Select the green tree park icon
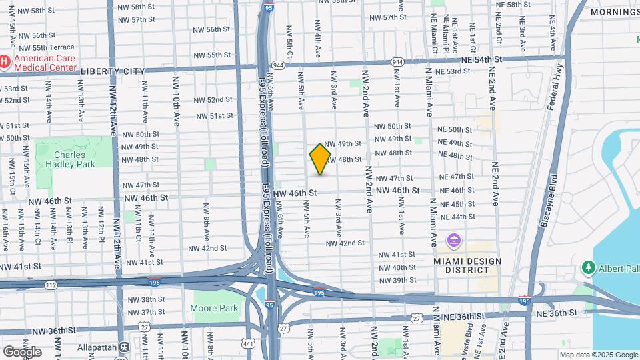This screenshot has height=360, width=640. pos(588,268)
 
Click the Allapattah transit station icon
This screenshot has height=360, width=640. pos(124,347)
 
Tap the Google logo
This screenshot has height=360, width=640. pos(22,351)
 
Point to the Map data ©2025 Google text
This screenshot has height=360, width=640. pos(597,355)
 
